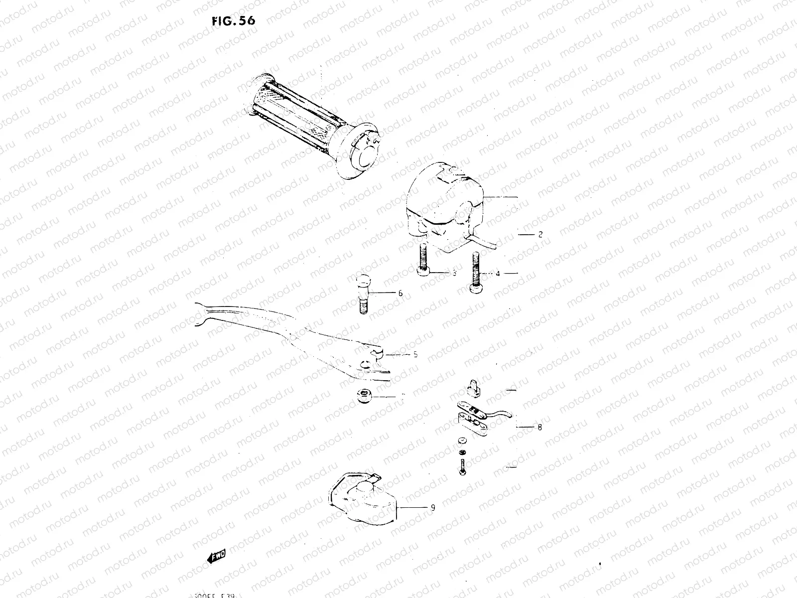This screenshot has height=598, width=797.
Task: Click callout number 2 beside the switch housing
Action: coord(540,234)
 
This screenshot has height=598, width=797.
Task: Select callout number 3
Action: coord(454,274)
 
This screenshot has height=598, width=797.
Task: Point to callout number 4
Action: coord(497,274)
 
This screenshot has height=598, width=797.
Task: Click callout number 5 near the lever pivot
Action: coord(415,355)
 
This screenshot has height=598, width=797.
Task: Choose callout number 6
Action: coord(400,294)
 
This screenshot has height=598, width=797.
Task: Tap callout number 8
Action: coord(540,427)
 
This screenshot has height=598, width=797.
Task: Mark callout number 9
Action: coord(433,508)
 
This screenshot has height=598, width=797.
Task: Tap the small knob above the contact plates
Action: coord(473,389)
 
